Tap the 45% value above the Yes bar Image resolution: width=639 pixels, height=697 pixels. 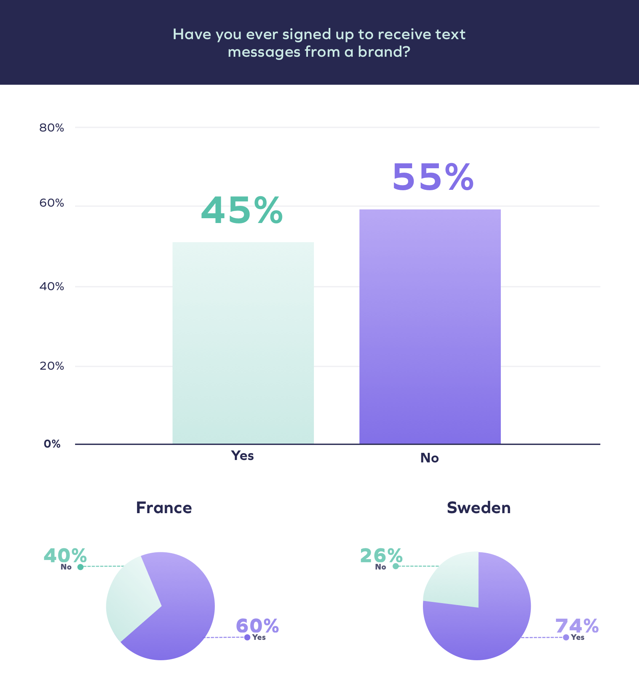(242, 211)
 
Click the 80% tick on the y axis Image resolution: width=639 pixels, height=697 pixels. (52, 127)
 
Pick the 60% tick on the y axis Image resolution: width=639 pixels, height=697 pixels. (52, 203)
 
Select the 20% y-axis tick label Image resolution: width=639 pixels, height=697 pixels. (52, 366)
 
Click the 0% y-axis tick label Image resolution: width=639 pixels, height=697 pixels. (52, 444)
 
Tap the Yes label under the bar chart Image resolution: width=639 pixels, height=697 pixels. (242, 456)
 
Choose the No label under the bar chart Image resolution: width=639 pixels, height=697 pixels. (429, 458)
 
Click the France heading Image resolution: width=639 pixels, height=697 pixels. (164, 508)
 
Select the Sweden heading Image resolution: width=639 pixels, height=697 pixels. (478, 508)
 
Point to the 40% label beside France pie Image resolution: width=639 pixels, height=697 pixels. (65, 556)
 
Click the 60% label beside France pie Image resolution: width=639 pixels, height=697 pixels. (257, 626)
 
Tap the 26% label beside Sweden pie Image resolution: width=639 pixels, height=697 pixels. (381, 556)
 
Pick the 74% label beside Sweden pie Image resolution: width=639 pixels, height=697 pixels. (577, 626)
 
